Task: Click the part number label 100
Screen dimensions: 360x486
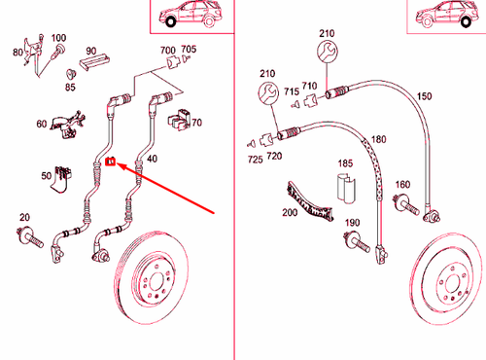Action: [x=59, y=38]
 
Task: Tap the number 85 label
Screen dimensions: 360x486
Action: [x=70, y=87]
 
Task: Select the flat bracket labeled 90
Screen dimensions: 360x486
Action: [x=92, y=64]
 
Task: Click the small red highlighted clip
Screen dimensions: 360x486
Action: [x=110, y=162]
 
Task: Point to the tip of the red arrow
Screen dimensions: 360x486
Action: [x=118, y=163]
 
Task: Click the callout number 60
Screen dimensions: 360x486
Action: [x=41, y=124]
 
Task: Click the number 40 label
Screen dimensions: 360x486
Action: [x=153, y=158]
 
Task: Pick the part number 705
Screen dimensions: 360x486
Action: [x=188, y=50]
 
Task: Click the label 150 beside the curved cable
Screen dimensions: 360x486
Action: [x=424, y=96]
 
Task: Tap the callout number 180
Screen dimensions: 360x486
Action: [x=378, y=140]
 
